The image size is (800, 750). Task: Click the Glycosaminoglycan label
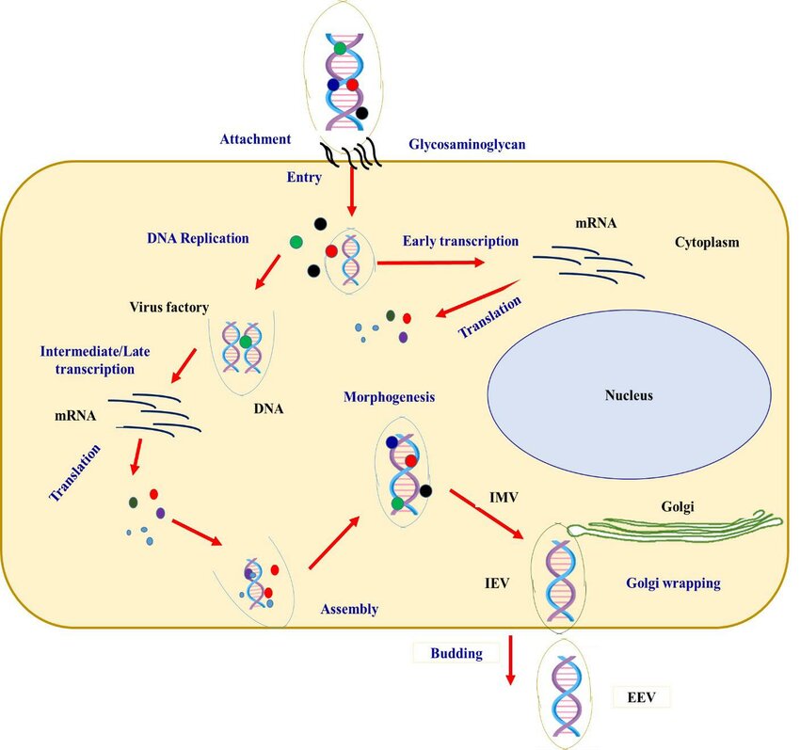point(466,145)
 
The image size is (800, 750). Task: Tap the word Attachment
point(255,139)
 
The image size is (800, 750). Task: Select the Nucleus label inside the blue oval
point(628,395)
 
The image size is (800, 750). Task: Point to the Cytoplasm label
point(707,242)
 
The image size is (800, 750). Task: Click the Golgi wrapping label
point(673,583)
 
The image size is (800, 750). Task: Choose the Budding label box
point(456,652)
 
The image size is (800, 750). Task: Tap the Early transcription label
point(460,241)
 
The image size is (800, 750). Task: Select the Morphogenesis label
point(389,397)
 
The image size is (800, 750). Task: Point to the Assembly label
point(349,609)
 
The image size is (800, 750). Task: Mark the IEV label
point(495,583)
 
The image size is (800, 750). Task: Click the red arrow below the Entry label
point(352,197)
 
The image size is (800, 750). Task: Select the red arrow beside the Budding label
point(510,661)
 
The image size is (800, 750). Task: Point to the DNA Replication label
point(198,238)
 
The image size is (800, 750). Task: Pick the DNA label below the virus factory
point(268,409)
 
